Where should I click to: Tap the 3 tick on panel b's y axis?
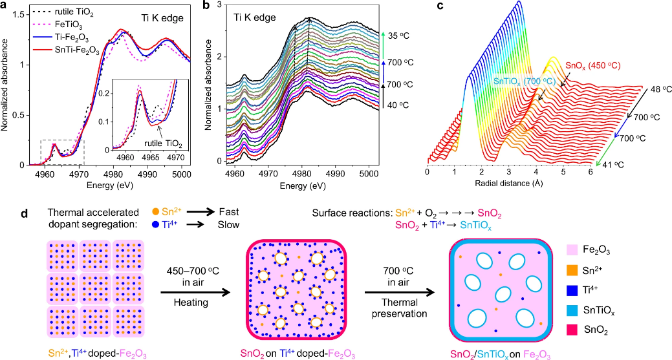(x=220, y=5)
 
